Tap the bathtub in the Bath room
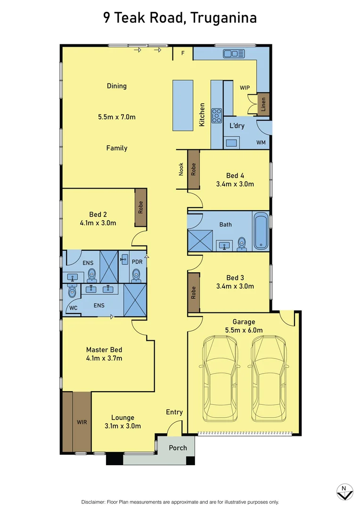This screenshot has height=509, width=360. click(x=261, y=231)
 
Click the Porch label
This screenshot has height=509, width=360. click(x=178, y=448)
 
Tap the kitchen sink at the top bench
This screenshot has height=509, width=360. click(x=233, y=54)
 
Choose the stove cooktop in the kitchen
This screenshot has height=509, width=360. click(x=217, y=115)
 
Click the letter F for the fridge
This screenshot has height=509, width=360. click(x=183, y=53)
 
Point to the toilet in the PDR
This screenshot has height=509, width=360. click(x=137, y=274)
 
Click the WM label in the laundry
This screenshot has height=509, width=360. click(x=261, y=142)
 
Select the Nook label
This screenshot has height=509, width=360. click(x=181, y=169)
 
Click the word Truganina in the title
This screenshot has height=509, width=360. click(x=225, y=18)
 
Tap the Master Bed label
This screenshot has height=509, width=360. click(x=104, y=350)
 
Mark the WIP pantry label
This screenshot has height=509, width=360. click(x=245, y=88)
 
